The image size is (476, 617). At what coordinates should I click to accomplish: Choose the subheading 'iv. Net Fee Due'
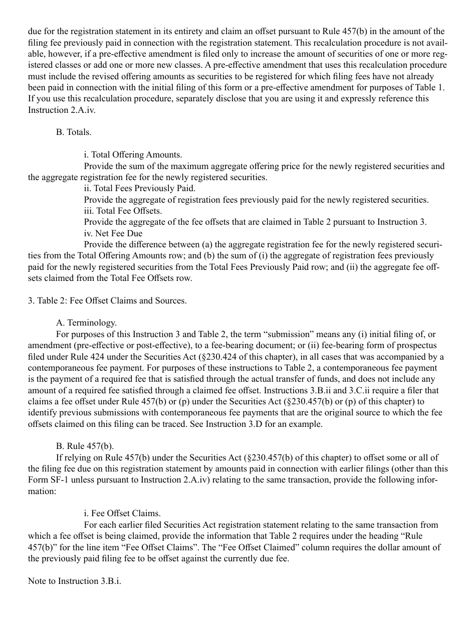click(x=113, y=233)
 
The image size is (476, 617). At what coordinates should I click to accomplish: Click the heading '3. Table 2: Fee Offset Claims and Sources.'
click(x=107, y=300)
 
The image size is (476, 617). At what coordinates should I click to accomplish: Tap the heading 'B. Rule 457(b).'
click(x=86, y=446)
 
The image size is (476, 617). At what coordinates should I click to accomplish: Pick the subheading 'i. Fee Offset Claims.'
click(x=122, y=513)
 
